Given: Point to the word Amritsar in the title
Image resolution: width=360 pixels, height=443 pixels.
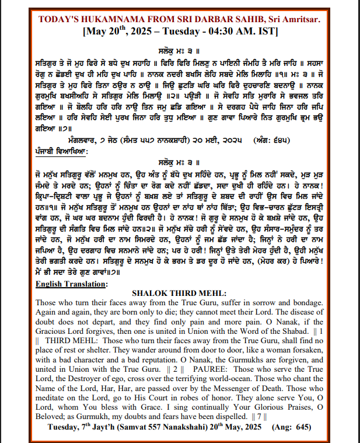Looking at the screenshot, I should click(299, 19).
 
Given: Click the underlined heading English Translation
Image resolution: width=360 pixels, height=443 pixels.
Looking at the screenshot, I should click(71, 284).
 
